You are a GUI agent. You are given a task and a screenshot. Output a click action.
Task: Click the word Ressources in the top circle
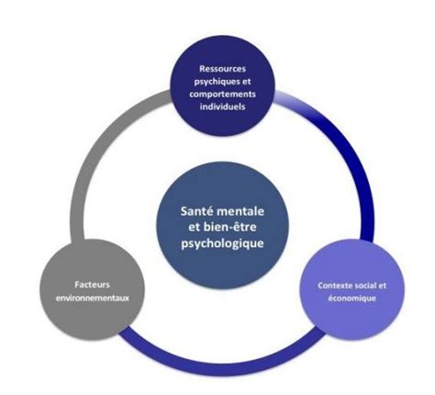pyautogui.click(x=222, y=69)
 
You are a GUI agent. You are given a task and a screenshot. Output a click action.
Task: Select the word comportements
pyautogui.click(x=222, y=94)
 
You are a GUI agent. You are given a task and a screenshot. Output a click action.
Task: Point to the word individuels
pyautogui.click(x=222, y=107)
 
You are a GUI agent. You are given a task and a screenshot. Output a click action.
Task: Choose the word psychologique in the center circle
pyautogui.click(x=222, y=244)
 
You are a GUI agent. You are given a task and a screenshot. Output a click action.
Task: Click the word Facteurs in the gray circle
pyautogui.click(x=92, y=285)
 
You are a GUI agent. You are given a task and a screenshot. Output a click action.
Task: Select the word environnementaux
pyautogui.click(x=92, y=298)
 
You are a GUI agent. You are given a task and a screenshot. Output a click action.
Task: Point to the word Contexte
pyautogui.click(x=334, y=286)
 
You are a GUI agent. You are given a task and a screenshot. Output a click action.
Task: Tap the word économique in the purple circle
pyautogui.click(x=351, y=298)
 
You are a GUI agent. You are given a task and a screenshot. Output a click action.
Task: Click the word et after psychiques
pyautogui.click(x=247, y=82)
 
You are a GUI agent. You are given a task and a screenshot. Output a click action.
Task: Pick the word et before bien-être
pyautogui.click(x=195, y=228)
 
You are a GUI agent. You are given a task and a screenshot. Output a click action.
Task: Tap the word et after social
pyautogui.click(x=383, y=286)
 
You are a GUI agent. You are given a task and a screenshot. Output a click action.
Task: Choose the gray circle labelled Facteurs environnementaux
pyautogui.click(x=92, y=289)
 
